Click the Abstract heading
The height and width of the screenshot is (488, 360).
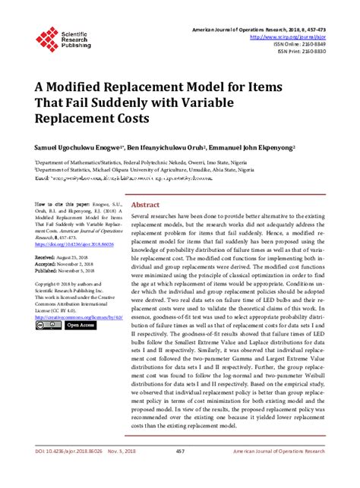click(x=146, y=205)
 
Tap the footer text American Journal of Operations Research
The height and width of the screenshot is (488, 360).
click(x=289, y=473)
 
